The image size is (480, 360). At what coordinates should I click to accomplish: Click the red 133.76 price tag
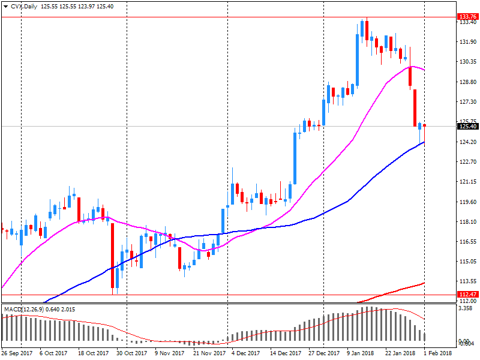click(x=467, y=17)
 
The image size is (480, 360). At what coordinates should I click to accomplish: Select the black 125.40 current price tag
click(x=467, y=126)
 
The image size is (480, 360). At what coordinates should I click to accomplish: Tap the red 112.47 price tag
click(x=467, y=294)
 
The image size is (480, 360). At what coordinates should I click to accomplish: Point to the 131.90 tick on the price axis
click(x=467, y=42)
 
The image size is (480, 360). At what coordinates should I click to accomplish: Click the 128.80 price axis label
click(x=467, y=82)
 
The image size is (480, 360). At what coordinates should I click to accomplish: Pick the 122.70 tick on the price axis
click(x=467, y=162)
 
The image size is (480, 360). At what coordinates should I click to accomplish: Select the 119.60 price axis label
click(x=467, y=202)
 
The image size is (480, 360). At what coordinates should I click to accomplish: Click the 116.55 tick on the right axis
click(x=467, y=242)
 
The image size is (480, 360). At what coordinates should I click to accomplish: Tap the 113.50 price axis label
click(x=467, y=282)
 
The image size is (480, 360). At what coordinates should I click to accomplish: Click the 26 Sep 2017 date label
click(x=17, y=353)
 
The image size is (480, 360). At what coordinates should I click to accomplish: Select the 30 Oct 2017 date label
click(x=131, y=353)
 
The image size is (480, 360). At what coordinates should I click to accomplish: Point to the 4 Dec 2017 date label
click(x=245, y=353)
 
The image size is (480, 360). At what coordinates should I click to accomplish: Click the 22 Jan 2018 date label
click(x=399, y=353)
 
